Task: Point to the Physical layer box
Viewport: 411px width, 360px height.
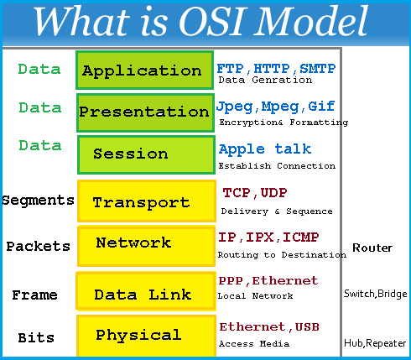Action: (143, 335)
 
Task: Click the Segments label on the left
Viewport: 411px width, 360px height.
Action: (38, 201)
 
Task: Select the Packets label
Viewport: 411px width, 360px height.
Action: (38, 247)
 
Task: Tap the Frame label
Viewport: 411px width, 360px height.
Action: (34, 295)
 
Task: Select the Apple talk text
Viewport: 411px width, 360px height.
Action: (265, 149)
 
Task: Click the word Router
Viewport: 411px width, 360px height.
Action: (372, 248)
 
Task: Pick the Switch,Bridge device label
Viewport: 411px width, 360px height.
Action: (375, 294)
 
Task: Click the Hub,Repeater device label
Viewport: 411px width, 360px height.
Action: (375, 343)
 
